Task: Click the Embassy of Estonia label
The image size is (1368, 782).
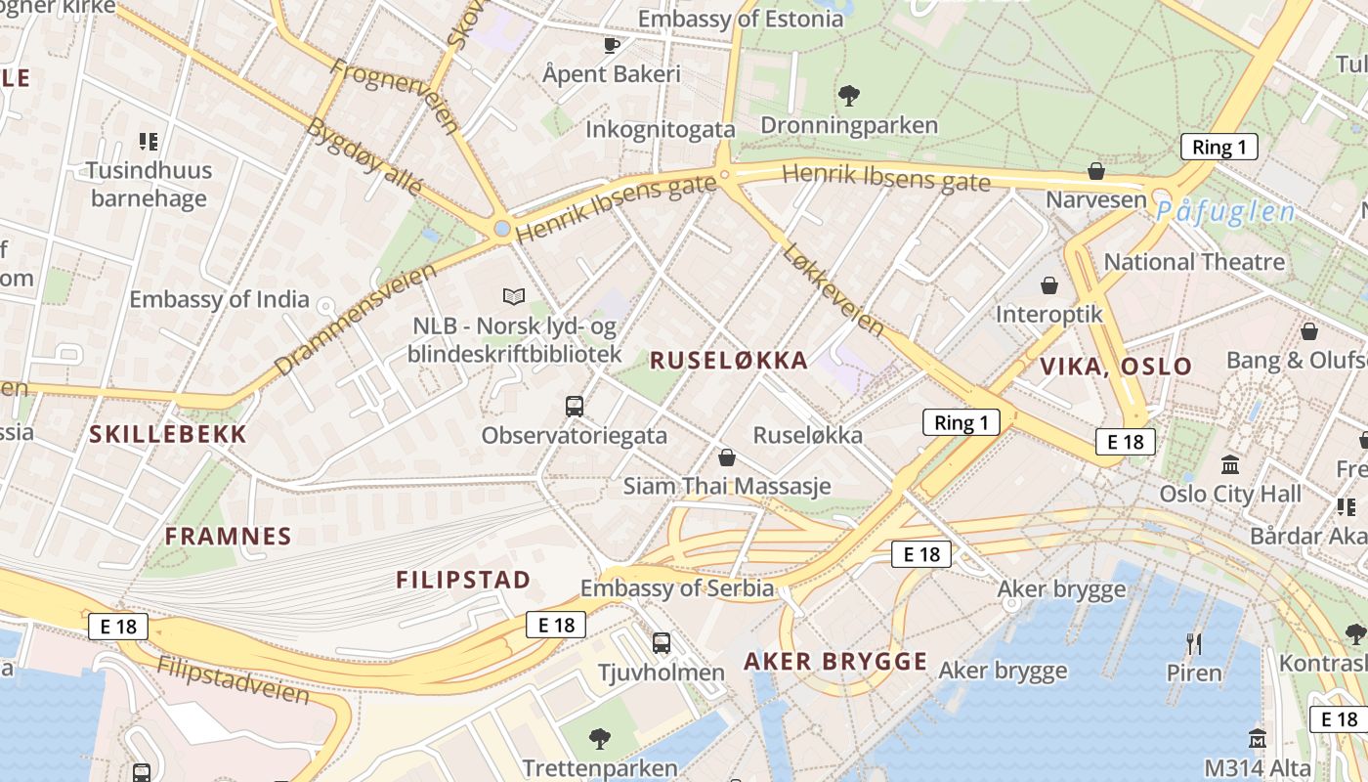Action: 740,19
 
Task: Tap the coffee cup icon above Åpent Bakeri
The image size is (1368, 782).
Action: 612,44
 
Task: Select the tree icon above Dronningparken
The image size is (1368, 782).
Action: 849,95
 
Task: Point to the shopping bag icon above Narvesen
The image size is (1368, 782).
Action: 1096,171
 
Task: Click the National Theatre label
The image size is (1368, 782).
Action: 1194,262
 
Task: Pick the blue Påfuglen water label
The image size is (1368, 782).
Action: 1225,212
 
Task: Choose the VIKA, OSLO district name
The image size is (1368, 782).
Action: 1116,367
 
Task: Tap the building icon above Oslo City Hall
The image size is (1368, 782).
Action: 1230,464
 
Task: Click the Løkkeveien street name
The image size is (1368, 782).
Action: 833,290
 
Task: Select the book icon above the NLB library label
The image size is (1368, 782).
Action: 514,295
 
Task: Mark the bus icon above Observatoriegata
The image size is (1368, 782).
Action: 575,407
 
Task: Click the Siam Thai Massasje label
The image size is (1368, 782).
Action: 727,486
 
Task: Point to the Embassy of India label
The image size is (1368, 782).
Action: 219,299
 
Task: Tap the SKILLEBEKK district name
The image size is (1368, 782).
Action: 168,435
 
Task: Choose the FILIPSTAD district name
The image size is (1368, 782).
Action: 463,580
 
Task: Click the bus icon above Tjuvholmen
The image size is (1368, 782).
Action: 662,643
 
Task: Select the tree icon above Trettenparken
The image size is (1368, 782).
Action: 600,738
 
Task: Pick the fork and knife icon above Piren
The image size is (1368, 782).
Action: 1193,643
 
